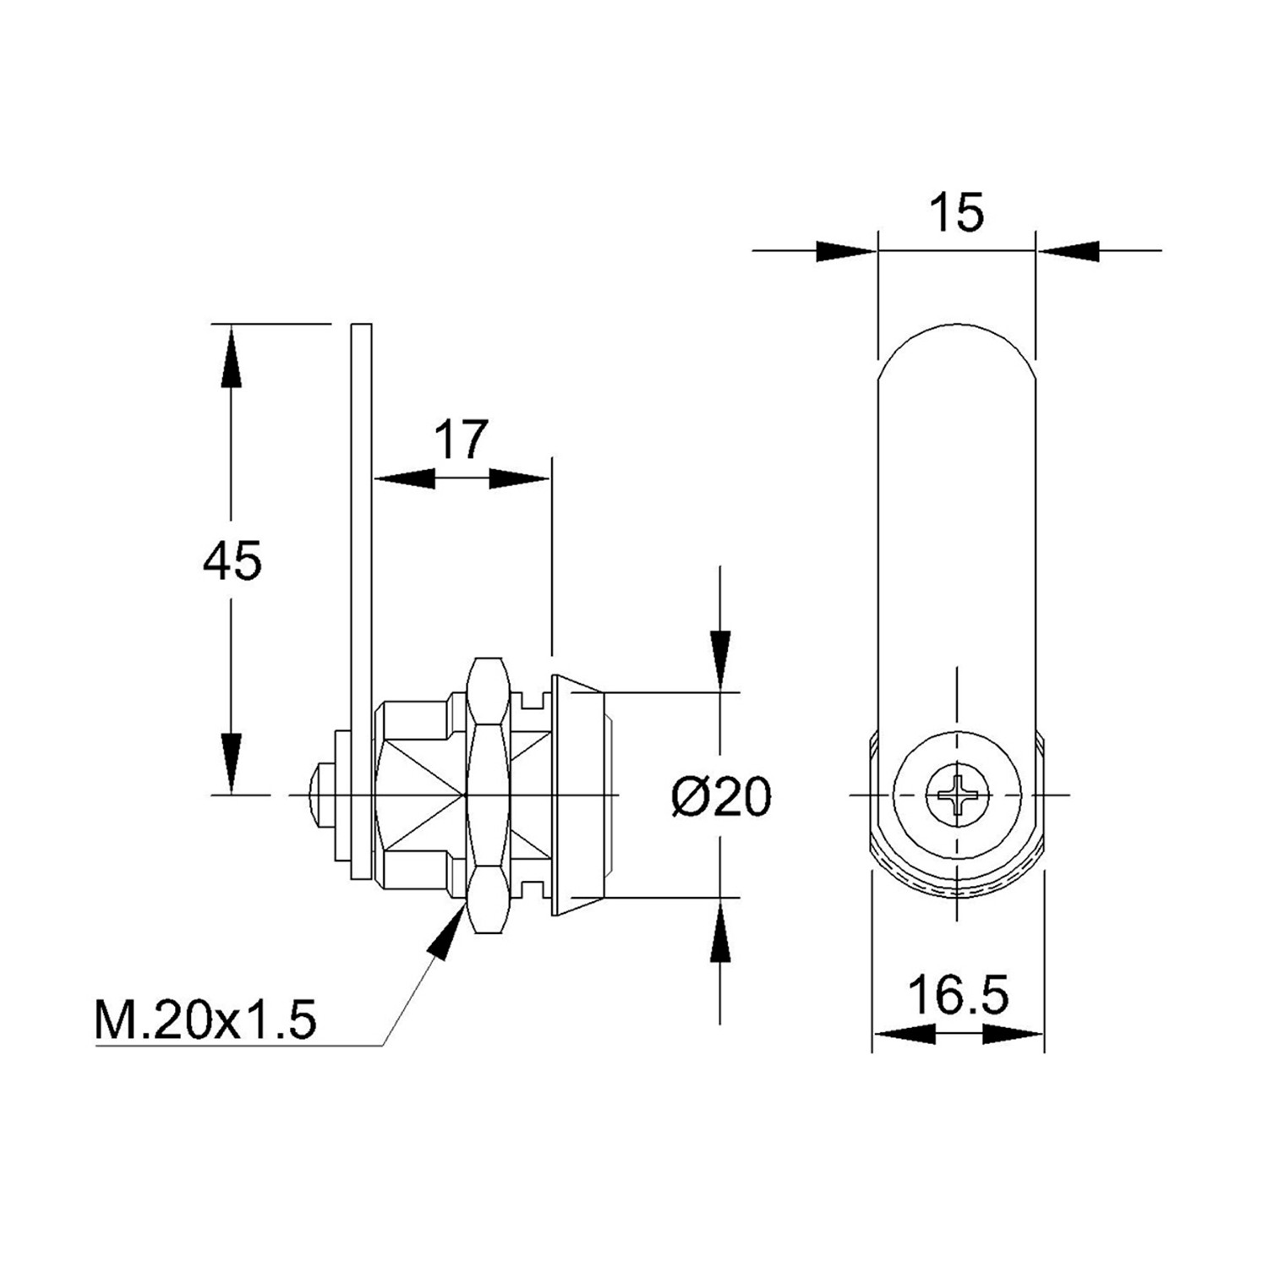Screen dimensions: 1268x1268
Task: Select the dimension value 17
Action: (462, 439)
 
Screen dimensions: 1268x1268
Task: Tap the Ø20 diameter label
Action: (721, 796)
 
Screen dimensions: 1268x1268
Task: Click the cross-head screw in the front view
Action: (957, 795)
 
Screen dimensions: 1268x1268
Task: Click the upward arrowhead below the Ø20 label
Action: (720, 931)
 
